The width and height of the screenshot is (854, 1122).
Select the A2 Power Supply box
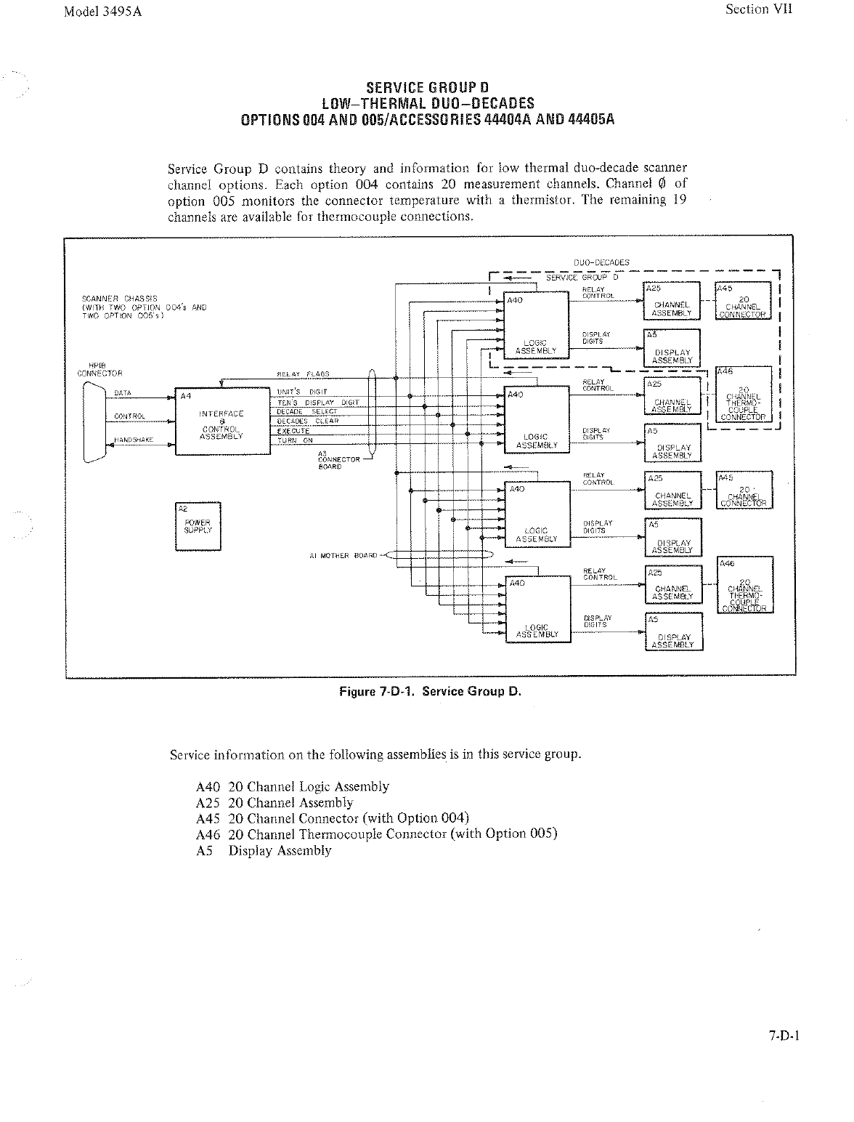[198, 526]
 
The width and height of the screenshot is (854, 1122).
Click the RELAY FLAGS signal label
[303, 374]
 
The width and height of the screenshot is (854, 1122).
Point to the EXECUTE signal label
[293, 431]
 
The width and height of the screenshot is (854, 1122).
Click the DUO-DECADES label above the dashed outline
[601, 262]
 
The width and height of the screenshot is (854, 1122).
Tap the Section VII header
[759, 9]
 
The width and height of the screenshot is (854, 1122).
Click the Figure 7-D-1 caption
[431, 691]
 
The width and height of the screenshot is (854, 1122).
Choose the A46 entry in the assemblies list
[376, 834]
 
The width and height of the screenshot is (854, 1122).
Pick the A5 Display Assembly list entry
[264, 850]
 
